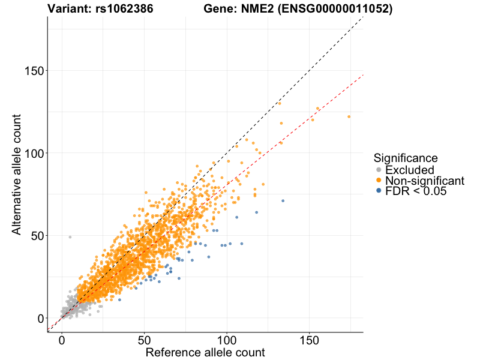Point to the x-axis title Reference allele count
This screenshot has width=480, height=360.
click(205, 352)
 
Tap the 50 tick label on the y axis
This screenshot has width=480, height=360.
click(37, 236)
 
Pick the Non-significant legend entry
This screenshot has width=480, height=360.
click(424, 181)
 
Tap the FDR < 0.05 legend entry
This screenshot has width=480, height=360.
click(416, 191)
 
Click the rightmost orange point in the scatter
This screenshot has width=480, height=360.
click(349, 116)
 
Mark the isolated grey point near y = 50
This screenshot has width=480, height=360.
click(70, 237)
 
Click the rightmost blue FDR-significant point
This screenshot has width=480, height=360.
click(283, 200)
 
